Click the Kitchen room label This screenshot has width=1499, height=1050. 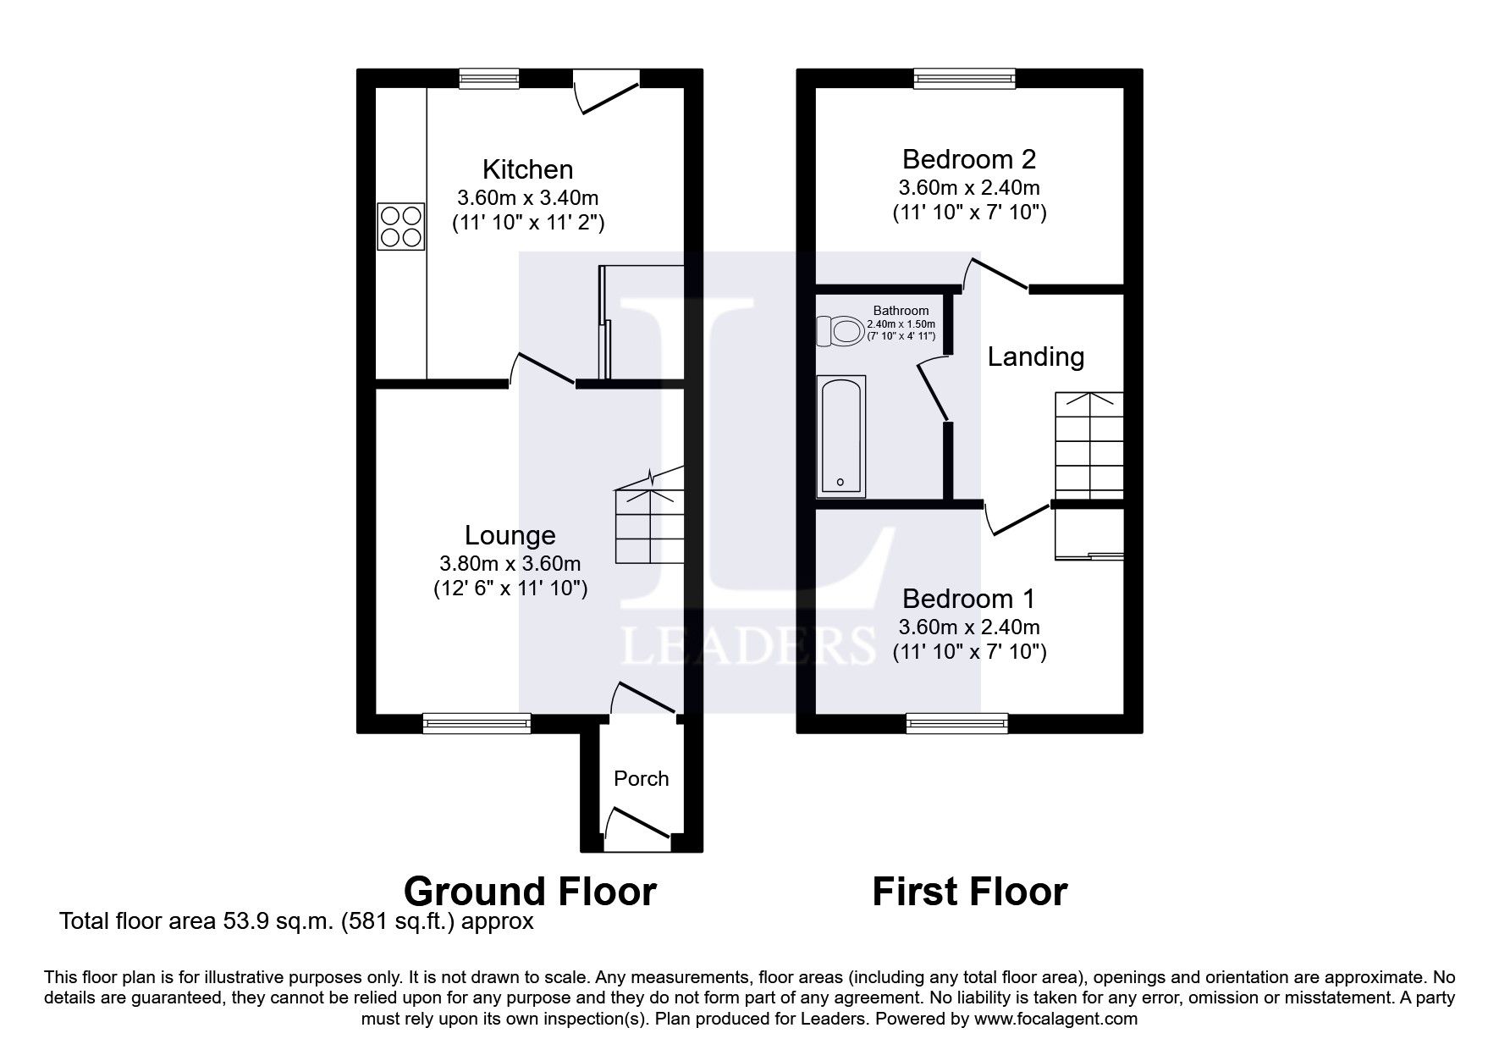527,169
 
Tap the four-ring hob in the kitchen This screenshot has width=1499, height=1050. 400,226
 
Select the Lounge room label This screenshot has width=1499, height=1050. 510,535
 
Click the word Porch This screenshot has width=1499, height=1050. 641,778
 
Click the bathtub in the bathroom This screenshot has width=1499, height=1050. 840,436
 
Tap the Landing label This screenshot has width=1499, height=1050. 1035,356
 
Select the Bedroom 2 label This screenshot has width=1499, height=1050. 968,159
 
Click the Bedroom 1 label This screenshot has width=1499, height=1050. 968,599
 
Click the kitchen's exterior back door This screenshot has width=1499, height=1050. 605,92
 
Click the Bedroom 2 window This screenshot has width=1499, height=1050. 964,79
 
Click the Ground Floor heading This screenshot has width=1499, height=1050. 530,892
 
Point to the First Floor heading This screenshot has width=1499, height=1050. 969,892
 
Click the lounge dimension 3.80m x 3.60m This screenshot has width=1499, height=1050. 510,563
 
